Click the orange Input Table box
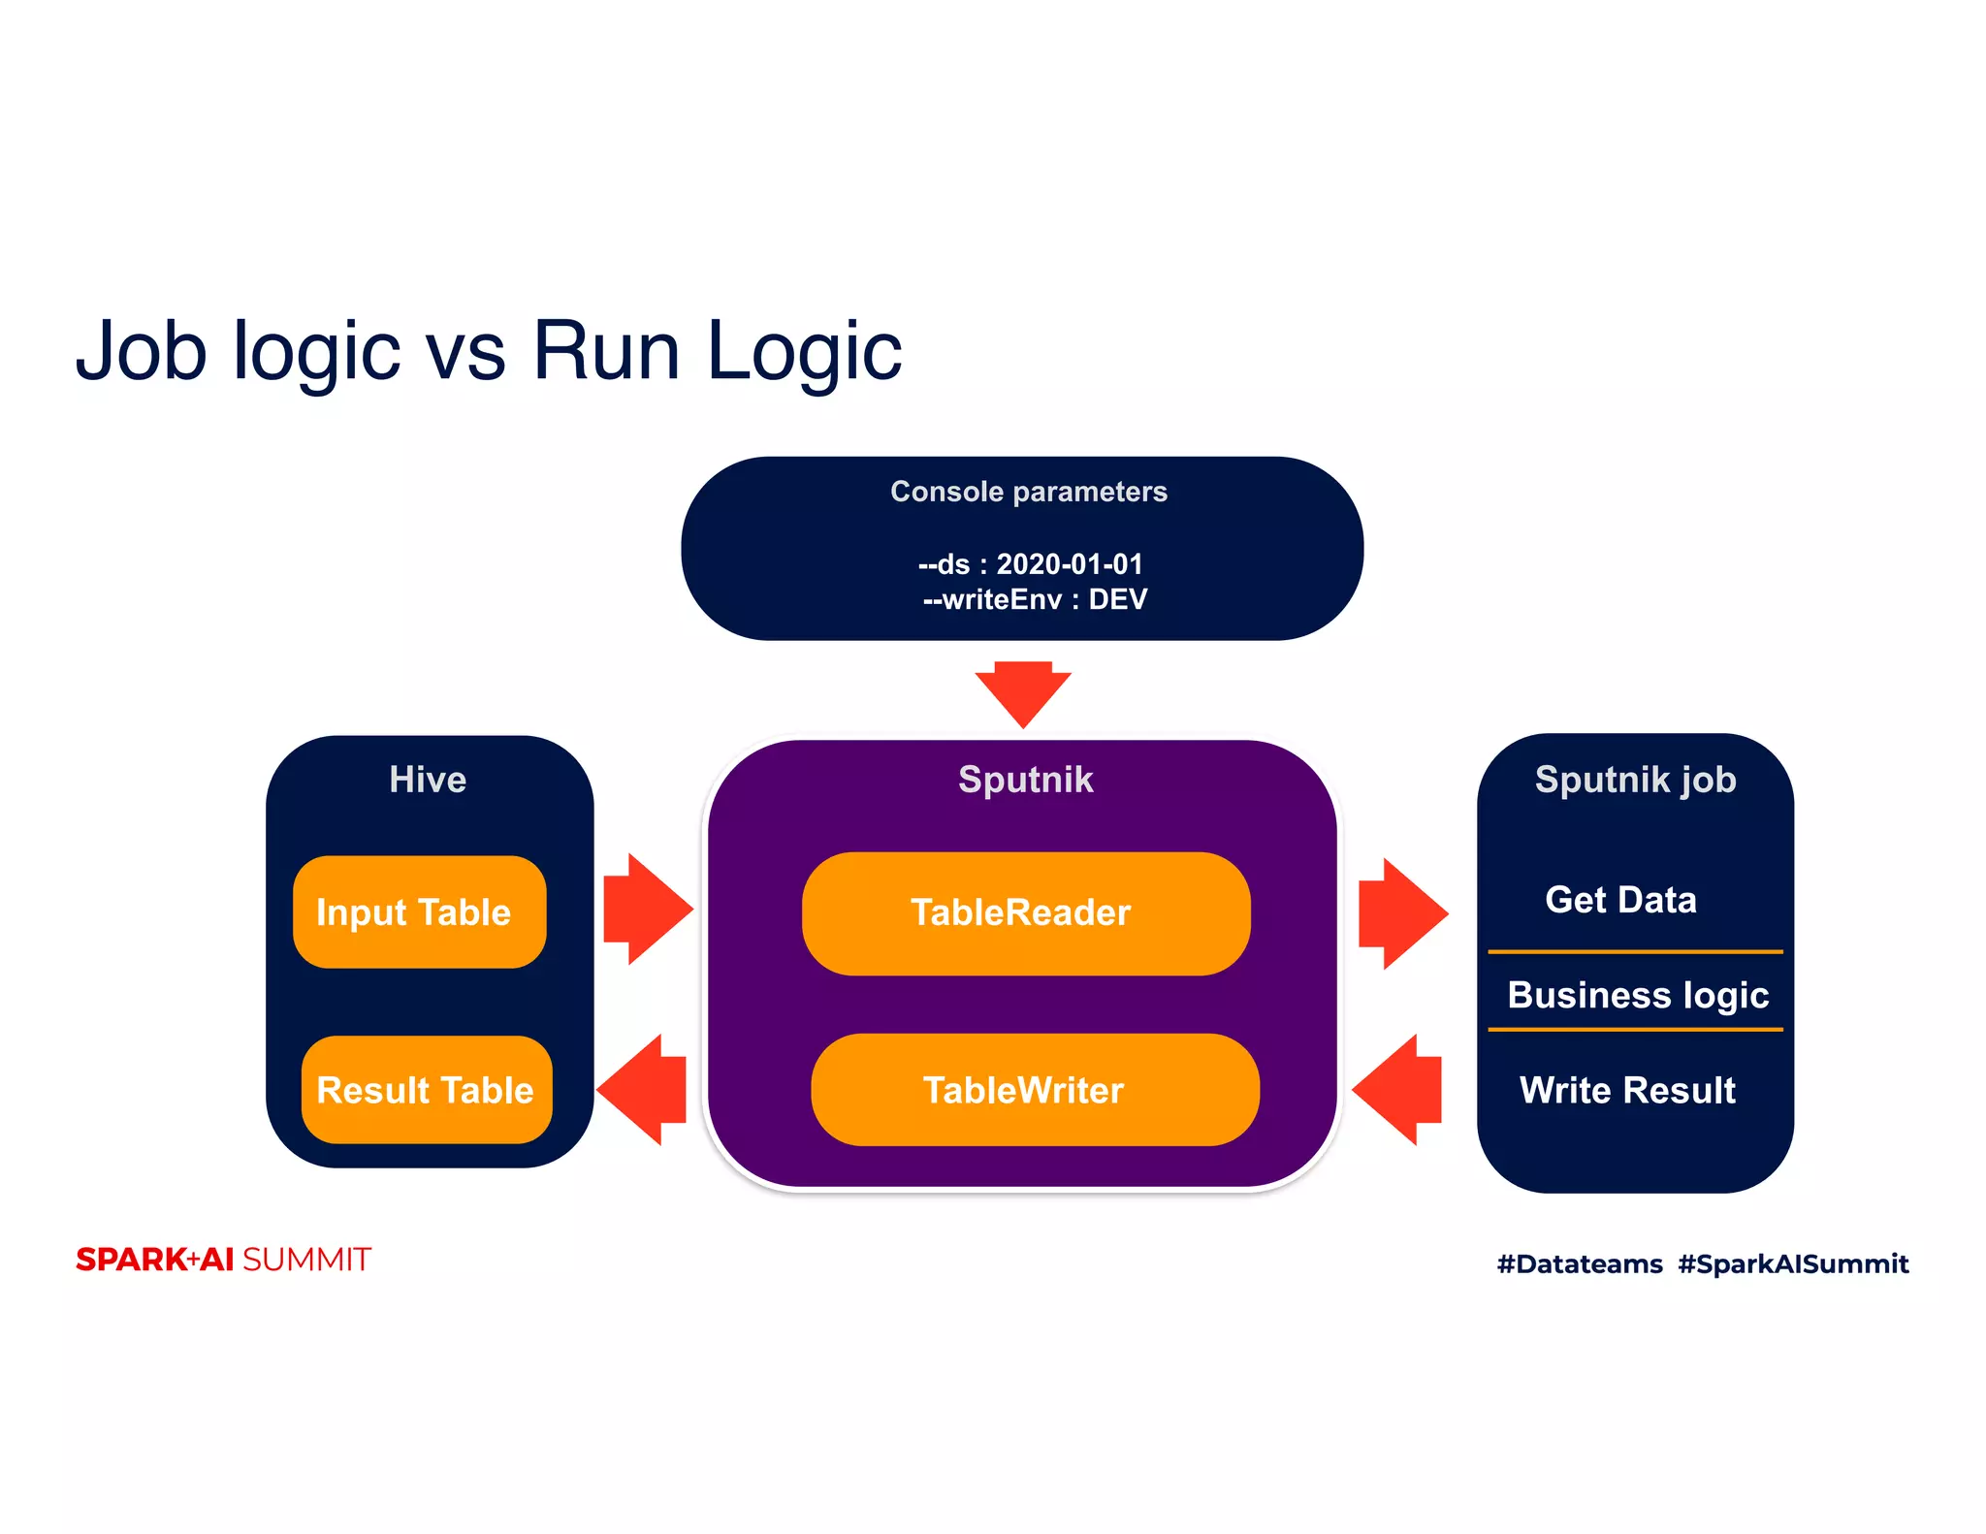point(420,911)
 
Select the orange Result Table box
point(427,1090)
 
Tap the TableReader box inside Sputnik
point(1026,913)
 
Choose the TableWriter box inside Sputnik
point(1035,1090)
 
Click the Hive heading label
point(428,780)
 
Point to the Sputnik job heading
point(1635,781)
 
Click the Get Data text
point(1620,900)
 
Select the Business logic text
point(1638,996)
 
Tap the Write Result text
point(1627,1090)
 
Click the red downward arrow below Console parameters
point(1023,694)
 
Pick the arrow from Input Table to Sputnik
point(648,909)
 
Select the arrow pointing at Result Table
point(642,1090)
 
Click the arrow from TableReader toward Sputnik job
point(1403,913)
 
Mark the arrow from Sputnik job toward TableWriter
point(1396,1090)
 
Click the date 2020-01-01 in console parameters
point(1070,564)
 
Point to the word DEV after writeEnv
point(1117,599)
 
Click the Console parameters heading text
point(1029,492)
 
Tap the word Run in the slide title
point(606,350)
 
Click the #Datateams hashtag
point(1580,1263)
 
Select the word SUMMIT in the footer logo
point(306,1260)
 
